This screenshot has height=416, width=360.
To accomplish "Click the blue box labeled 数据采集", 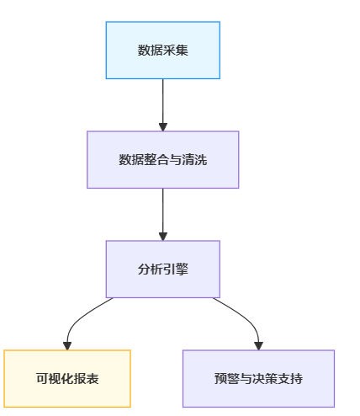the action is coord(163,51).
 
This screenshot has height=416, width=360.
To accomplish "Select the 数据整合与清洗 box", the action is coord(163,160).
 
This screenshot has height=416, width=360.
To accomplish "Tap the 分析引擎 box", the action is coord(163,269).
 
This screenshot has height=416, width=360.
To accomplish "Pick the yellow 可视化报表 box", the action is coord(67,379).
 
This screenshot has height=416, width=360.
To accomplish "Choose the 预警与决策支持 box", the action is coord(258,379).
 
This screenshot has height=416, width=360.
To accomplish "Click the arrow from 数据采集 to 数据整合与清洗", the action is coord(163,105).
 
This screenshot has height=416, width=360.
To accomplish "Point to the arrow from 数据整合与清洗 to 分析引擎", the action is coord(163,215).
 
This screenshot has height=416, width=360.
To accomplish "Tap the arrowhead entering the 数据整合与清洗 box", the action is coord(163,127).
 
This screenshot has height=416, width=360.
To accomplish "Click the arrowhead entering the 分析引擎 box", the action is coord(163,237).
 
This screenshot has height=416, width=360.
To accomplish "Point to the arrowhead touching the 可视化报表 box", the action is coord(67,346).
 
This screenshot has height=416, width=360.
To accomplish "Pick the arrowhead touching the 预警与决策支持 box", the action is coord(258,346).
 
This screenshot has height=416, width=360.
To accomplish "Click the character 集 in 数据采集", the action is coord(182,51).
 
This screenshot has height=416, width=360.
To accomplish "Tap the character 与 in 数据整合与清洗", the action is coord(176,160).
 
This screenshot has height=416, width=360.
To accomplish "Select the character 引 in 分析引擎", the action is coord(169,269).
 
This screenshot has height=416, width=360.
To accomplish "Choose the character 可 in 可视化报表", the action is coord(42,379).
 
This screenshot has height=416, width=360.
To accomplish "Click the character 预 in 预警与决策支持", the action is coord(220,379).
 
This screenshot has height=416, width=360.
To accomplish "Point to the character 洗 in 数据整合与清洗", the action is coord(201,160).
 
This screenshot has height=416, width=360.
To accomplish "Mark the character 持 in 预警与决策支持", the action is coord(296,379).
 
